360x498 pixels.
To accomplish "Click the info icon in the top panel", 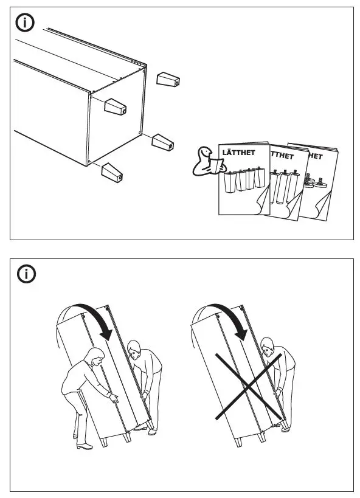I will [25, 24].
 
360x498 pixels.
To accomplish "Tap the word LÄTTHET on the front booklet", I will [237, 153].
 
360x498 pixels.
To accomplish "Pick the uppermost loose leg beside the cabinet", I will [168, 80].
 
